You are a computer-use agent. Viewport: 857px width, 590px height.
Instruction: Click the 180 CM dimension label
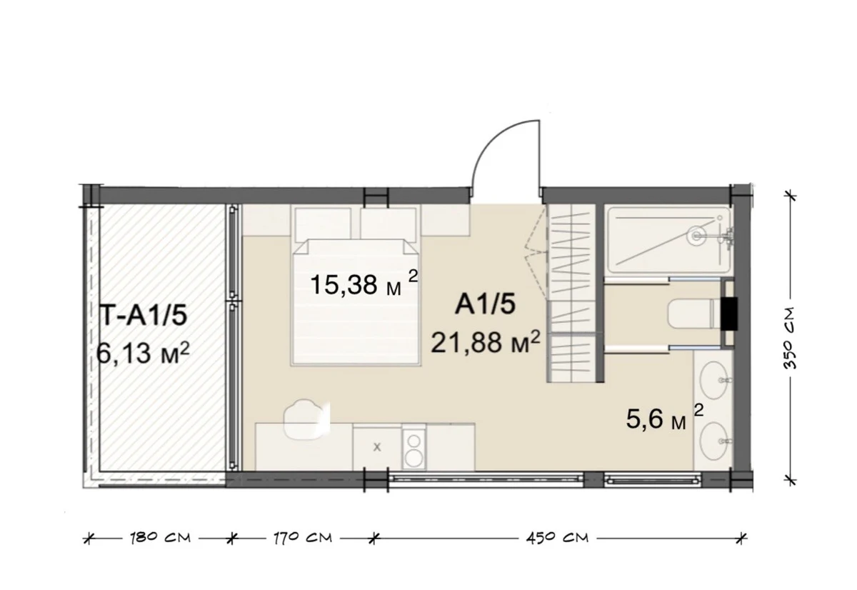coord(160,539)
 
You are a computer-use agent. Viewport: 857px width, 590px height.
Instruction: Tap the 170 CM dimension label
coord(302,539)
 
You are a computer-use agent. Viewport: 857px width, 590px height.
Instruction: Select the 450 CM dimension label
coord(557,539)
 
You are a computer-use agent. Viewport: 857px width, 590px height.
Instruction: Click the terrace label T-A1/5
coord(144,316)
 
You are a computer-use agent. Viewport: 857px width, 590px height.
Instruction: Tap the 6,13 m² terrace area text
coord(143,352)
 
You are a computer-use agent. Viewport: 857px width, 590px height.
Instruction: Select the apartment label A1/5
coord(485,305)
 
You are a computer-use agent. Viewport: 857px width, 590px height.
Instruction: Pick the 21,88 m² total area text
coord(486,341)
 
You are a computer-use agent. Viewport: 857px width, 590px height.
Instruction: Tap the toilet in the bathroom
coord(694,314)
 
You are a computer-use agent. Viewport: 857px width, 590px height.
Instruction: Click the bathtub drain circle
coord(696,236)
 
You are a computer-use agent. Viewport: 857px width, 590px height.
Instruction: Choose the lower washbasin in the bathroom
coord(714,441)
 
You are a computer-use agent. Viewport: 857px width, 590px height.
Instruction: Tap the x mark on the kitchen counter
coord(377,447)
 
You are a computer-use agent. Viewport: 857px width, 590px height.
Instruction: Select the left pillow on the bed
coord(324,225)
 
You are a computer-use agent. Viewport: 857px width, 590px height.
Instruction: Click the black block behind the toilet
coord(729,314)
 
